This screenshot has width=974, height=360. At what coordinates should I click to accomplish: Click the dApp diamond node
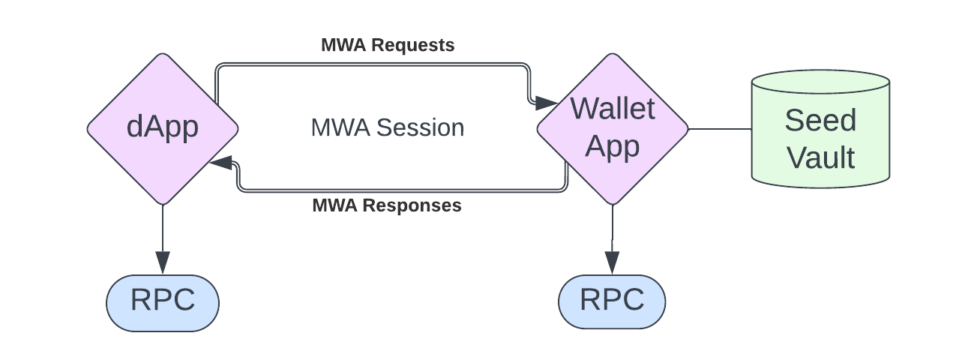(163, 128)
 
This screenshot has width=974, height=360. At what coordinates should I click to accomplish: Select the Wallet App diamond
(613, 128)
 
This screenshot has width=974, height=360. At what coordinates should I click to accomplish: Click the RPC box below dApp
(163, 302)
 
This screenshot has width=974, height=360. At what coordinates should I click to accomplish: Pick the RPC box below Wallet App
(612, 302)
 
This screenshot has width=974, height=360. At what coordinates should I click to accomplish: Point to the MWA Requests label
(388, 45)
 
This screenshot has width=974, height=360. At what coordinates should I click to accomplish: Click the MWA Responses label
(386, 205)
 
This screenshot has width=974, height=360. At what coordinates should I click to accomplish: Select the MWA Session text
(388, 127)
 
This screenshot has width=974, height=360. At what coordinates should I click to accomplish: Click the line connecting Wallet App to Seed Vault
(720, 129)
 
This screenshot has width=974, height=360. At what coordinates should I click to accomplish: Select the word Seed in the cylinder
(820, 121)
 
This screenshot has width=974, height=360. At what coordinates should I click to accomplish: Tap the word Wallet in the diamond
(613, 109)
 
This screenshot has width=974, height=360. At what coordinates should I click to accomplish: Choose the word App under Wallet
(613, 146)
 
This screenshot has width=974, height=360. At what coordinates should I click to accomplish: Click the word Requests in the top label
(413, 45)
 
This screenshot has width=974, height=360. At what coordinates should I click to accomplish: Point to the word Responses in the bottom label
(412, 205)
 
